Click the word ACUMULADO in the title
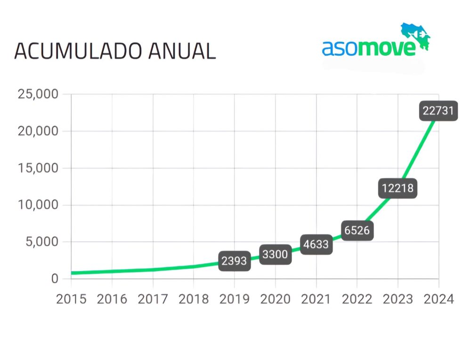[78, 51]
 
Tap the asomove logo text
[369, 48]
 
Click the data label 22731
[438, 111]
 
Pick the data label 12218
[398, 188]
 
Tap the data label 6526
[357, 231]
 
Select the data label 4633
[316, 245]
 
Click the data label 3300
[275, 255]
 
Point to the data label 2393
[235, 261]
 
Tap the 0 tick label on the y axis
[55, 279]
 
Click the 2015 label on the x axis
[71, 299]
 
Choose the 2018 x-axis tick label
[194, 299]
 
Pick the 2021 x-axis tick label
[316, 299]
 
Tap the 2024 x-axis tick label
[439, 299]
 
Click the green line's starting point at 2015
[72, 273]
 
